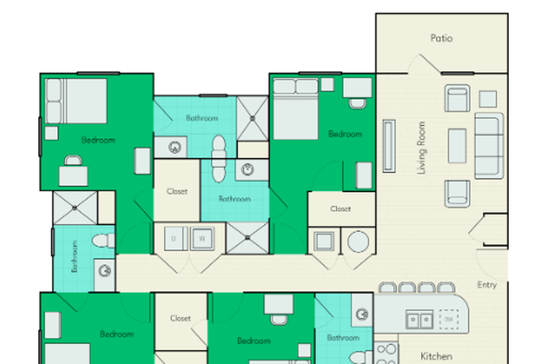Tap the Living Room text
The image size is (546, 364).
422,148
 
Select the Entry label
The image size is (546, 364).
487,285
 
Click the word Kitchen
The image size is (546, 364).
436,356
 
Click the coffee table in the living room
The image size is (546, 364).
457,146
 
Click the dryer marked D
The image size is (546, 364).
174,239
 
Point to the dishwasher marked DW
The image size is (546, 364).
449,318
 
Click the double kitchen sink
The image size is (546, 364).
419,318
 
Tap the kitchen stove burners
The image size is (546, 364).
386,354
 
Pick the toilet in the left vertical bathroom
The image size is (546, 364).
102,241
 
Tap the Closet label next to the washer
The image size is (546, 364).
177,191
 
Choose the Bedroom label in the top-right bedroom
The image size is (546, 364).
344,134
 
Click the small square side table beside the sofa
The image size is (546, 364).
488,99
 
